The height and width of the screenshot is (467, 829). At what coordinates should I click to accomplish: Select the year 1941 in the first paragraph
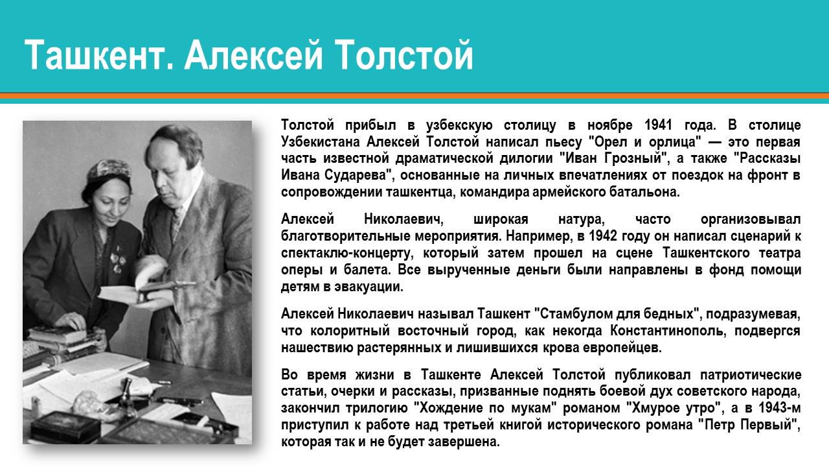659,125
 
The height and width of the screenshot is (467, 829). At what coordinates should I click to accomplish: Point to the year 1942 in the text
602,236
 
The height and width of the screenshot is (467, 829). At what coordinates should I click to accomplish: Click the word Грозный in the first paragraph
635,159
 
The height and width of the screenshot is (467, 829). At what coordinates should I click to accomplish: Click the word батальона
642,193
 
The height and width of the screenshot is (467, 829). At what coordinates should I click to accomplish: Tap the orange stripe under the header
414,96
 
